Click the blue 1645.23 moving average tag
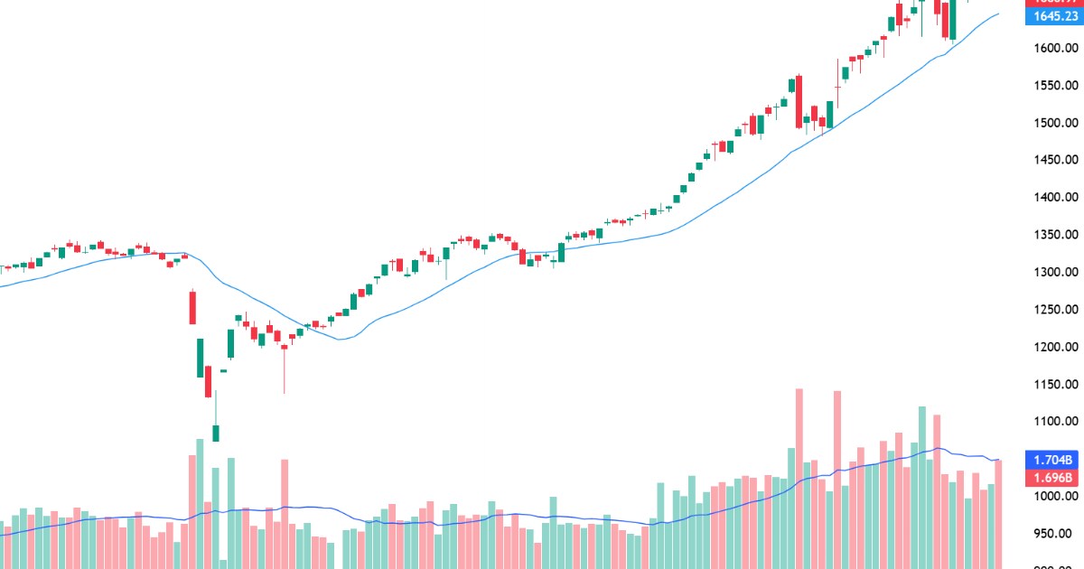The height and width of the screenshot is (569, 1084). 1052,16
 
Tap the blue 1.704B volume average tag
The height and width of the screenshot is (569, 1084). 1052,459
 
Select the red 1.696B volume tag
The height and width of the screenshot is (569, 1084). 1052,477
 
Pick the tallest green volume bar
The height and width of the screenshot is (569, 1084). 922,488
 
